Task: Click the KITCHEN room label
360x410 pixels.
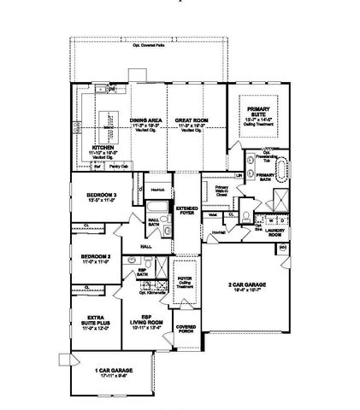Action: tap(103, 146)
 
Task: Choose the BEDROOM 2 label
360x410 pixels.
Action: tap(97, 255)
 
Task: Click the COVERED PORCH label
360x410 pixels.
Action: tap(186, 328)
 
